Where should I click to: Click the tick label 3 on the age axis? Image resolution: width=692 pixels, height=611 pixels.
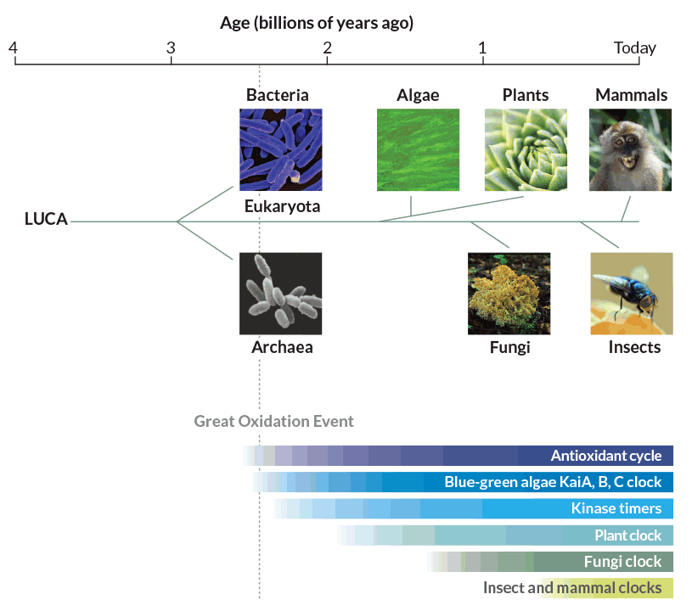[171, 48]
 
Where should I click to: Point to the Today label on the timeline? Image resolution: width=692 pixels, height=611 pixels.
[635, 48]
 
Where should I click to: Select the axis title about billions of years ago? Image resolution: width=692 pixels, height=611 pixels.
[317, 23]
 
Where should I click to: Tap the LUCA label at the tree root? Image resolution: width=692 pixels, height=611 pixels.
[46, 219]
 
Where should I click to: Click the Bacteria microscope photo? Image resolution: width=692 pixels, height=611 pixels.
[281, 149]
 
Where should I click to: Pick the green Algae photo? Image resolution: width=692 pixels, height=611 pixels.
[418, 149]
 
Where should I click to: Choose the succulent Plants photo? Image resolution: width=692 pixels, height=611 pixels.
[526, 149]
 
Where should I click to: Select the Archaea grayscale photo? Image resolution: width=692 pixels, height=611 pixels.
[281, 294]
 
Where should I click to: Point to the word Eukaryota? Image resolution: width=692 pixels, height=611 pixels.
[282, 206]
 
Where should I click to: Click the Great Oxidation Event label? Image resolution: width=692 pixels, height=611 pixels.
[273, 421]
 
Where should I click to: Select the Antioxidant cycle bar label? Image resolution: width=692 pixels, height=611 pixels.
[606, 456]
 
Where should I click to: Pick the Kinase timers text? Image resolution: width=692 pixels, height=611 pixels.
[616, 508]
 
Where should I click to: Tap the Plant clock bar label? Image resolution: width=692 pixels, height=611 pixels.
[628, 535]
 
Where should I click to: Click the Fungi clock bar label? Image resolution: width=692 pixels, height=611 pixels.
[622, 562]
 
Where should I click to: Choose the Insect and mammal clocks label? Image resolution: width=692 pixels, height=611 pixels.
[572, 587]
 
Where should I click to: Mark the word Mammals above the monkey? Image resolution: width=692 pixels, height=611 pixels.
[631, 95]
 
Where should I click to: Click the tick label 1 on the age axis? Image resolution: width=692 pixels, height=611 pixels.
[482, 48]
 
